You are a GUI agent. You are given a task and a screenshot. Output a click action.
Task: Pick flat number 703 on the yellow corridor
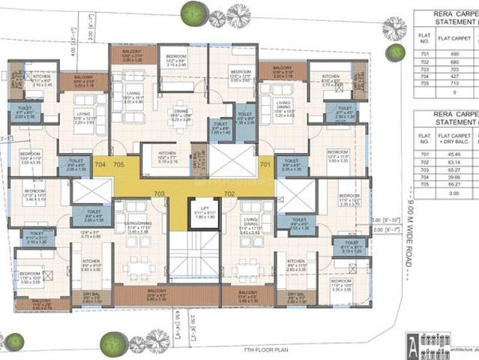(x=158, y=193)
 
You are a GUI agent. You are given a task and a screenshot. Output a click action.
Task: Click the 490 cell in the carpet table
(x=454, y=54)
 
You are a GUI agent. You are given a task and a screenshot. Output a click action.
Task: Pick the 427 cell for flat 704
(x=454, y=75)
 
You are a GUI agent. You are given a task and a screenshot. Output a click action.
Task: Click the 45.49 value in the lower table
(x=454, y=154)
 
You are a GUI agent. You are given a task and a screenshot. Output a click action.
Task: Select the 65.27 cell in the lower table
(x=454, y=169)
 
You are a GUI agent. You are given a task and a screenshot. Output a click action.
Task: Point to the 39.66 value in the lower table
(x=454, y=177)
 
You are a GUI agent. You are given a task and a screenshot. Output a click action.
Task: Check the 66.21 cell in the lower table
(x=454, y=184)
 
